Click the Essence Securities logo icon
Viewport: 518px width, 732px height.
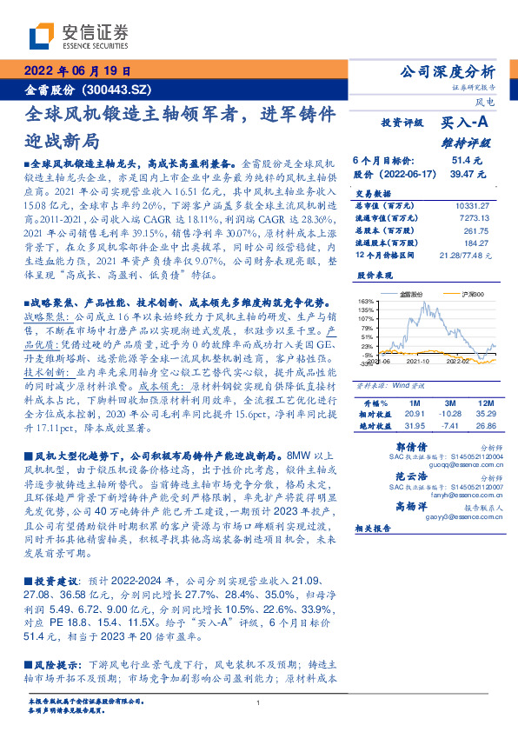coord(41,36)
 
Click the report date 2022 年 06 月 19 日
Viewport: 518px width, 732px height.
coord(76,72)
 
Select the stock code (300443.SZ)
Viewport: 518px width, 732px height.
coord(117,89)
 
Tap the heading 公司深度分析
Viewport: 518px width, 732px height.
coord(445,72)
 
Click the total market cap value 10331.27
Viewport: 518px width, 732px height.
coord(476,205)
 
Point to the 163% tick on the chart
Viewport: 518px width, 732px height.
coord(364,301)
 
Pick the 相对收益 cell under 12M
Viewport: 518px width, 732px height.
coord(484,415)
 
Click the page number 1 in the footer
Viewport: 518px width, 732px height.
coord(259,703)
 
